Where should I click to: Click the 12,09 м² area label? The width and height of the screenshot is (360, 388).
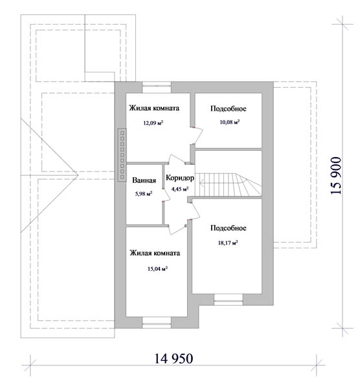pos(153,122)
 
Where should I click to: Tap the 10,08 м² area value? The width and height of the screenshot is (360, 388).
pos(230,122)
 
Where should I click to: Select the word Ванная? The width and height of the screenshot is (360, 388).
pos(144,180)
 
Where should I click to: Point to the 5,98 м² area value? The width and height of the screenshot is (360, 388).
pos(144,194)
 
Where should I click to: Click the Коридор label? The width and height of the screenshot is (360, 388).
pos(180,178)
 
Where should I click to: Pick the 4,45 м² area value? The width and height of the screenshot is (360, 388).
pos(180,189)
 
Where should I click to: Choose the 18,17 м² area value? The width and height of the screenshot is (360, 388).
pos(228,242)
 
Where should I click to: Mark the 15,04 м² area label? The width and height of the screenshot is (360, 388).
pos(157,269)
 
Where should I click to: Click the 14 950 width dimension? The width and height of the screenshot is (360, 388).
pos(174,358)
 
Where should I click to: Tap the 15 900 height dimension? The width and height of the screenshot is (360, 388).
pos(336,175)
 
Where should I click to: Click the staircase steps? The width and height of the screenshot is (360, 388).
pos(228,184)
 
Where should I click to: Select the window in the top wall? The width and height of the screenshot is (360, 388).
pos(157,87)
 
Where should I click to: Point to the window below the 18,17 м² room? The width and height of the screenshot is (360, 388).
pos(229,299)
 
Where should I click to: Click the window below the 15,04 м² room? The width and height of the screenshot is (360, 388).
pos(157,323)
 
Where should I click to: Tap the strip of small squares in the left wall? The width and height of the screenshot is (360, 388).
pos(122,155)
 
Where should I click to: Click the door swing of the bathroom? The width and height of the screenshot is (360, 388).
pos(166,195)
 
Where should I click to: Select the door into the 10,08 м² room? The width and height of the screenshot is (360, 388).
pos(197,136)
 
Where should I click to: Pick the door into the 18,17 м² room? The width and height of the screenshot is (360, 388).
pos(195,211)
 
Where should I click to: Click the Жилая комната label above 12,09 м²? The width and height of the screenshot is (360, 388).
pos(154,108)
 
